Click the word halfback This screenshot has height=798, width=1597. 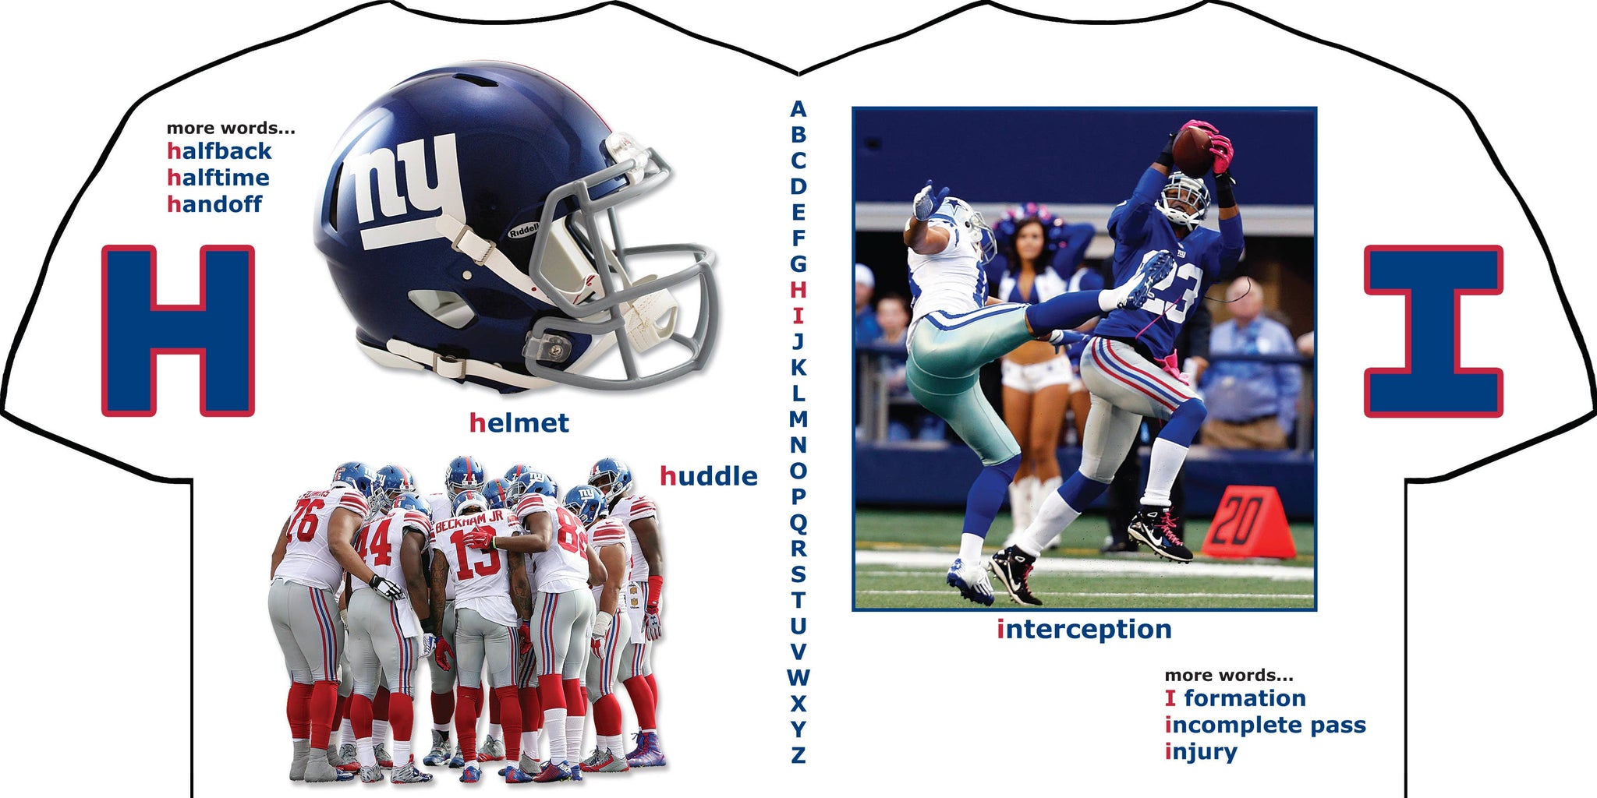click(x=219, y=150)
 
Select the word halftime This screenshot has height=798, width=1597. click(x=218, y=177)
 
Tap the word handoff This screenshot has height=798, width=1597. click(x=214, y=203)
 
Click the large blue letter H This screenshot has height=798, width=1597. click(x=178, y=330)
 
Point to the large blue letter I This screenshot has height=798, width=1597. click(x=1433, y=331)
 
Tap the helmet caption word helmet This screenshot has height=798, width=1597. click(x=519, y=423)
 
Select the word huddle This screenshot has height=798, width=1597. click(x=709, y=475)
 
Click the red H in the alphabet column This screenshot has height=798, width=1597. click(x=798, y=290)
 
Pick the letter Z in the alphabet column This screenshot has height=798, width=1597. click(x=798, y=754)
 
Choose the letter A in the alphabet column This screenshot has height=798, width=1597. click(x=798, y=109)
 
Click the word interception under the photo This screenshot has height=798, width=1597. click(x=1084, y=629)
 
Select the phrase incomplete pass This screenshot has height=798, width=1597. click(x=1266, y=726)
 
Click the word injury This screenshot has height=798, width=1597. click(x=1201, y=752)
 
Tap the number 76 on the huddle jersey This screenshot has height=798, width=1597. click(x=303, y=521)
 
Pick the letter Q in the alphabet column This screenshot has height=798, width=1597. click(x=798, y=523)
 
